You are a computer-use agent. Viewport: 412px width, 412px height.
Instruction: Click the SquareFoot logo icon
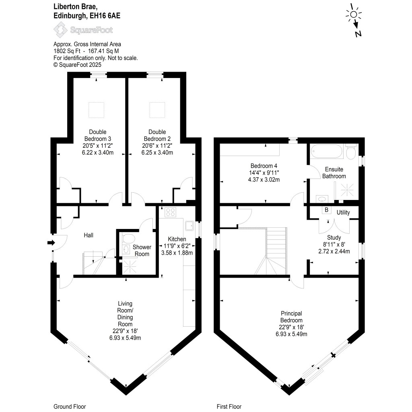[61, 30]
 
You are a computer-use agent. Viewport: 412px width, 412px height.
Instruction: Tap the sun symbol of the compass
[353, 14]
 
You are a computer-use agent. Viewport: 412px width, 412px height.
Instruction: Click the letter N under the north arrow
[358, 34]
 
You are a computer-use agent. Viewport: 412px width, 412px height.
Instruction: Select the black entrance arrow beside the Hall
[51, 243]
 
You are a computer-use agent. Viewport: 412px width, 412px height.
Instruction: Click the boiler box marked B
[326, 210]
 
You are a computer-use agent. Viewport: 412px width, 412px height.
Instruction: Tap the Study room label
[334, 237]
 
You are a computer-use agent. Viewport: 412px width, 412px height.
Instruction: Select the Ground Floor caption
[70, 406]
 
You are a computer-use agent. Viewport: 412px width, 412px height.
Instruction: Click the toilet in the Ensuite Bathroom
[350, 152]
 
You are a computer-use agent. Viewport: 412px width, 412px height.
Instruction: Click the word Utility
[343, 212]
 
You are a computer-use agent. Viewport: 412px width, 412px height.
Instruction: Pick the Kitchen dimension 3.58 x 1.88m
[177, 253]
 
